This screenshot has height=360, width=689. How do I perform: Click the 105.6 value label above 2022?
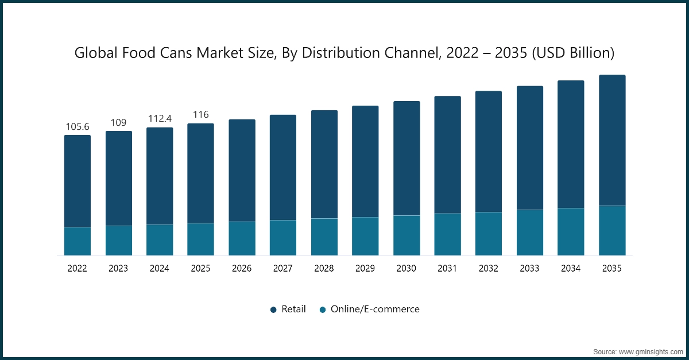coord(78,126)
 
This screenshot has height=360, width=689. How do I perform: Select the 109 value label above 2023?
coord(118,122)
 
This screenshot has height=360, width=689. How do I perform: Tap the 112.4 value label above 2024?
coord(160,119)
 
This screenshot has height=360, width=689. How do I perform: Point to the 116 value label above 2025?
coord(200,115)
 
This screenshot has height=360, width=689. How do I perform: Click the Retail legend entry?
coord(288,309)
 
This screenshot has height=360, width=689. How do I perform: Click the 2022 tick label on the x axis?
coord(78,268)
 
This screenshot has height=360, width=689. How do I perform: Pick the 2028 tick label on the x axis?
coord(324,268)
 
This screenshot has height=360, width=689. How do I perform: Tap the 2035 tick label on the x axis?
coord(612,268)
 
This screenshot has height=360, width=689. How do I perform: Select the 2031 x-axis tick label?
coord(447,268)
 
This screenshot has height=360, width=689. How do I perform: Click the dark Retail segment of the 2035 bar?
coord(612,140)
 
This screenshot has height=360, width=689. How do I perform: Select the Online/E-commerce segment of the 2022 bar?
coord(78,241)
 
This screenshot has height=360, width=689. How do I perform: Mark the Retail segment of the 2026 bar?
coord(242,171)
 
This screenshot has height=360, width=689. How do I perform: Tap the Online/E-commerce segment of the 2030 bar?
coord(407,235)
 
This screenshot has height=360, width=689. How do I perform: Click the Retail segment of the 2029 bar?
coord(365,161)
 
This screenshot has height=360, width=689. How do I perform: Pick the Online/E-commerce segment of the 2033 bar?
coord(530,233)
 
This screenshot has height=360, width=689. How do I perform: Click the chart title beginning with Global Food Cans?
coord(344,53)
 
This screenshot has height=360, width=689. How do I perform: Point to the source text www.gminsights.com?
coord(637,351)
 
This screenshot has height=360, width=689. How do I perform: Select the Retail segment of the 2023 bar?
coord(118,179)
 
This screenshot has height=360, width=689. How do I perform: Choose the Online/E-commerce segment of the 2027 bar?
coord(283,238)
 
